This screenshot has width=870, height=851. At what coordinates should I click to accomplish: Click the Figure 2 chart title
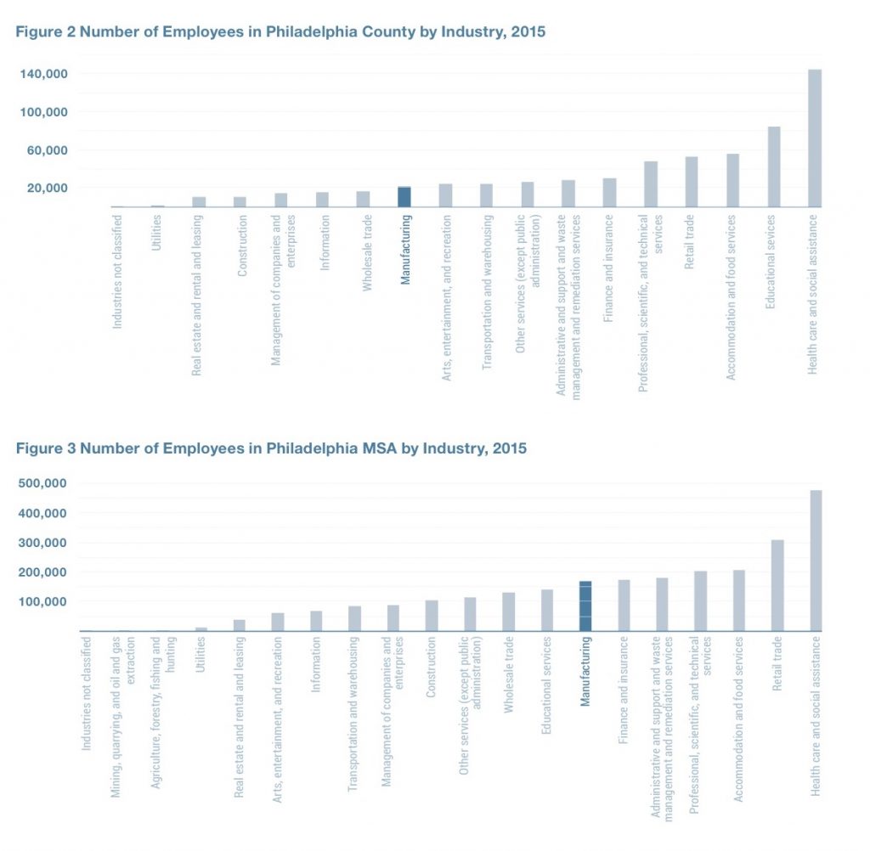coord(280,32)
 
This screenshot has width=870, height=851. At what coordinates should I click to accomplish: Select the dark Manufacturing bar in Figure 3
coord(585,606)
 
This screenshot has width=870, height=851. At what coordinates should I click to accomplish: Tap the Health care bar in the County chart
coord(814,138)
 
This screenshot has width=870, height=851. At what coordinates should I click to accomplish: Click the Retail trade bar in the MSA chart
coord(777,585)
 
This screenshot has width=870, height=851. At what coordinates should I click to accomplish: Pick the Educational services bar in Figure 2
coord(773,166)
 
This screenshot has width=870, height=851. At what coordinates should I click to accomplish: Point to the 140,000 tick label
coord(43,75)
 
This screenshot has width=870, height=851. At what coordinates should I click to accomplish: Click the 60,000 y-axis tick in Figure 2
coord(47,150)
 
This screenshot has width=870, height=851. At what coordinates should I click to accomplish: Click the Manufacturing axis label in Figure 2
coord(405,251)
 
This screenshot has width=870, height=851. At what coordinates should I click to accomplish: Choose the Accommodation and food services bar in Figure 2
coord(732,180)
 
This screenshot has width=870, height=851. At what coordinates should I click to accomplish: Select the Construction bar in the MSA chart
coord(432,616)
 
